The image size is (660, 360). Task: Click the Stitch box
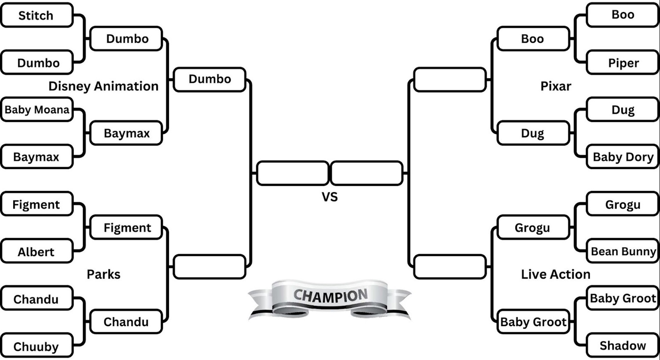pos(37,15)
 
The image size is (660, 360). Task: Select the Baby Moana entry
pos(37,110)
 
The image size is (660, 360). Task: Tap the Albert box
pos(37,252)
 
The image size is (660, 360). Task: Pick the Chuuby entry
pos(37,346)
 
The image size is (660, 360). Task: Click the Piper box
pos(623,63)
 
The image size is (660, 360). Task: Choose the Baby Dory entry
pos(623,157)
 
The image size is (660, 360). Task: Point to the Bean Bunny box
pos(623,251)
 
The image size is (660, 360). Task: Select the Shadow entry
pos(623,345)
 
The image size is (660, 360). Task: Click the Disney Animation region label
pos(103,86)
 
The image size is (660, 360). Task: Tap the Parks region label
pos(103,274)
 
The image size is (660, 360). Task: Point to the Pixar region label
pos(555,86)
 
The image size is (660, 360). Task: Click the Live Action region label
pos(555,274)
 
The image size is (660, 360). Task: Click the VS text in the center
pos(330,197)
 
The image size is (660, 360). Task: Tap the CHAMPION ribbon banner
pos(330,297)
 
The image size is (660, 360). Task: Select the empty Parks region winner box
pos(209,267)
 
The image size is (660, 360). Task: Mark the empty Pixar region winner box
pos(450,80)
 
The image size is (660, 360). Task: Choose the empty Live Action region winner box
pos(450,267)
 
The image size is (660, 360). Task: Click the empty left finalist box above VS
pos(293,173)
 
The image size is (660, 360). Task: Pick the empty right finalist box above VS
pos(367,173)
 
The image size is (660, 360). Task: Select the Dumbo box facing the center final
pos(209,79)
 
